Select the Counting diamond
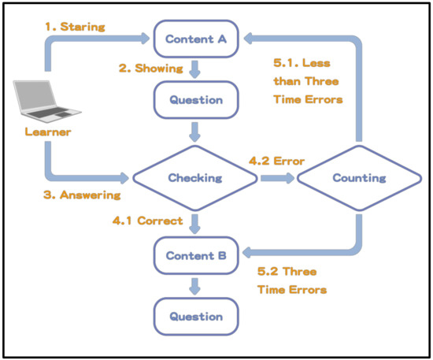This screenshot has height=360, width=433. coord(359,178)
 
